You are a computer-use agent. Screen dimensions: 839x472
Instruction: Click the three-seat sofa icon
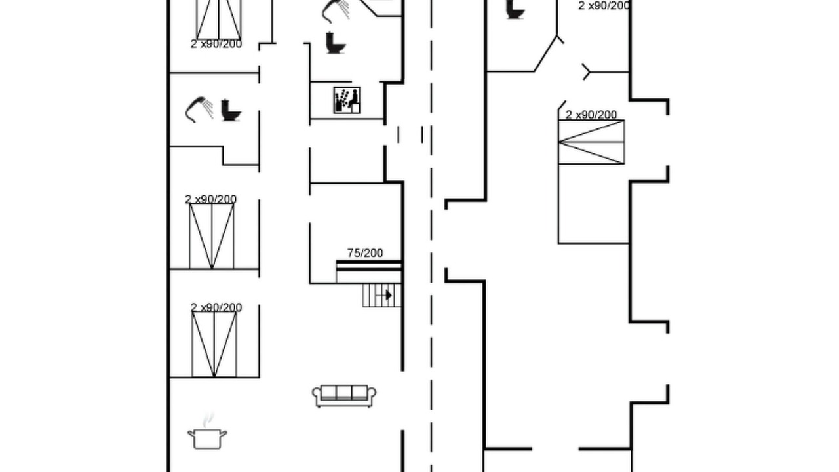pyautogui.click(x=344, y=396)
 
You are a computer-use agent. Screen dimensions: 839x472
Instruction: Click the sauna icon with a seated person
pyautogui.click(x=347, y=100)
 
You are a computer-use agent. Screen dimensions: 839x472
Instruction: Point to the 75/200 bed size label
pyautogui.click(x=365, y=253)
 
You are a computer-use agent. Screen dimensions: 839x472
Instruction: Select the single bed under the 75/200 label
pyautogui.click(x=369, y=271)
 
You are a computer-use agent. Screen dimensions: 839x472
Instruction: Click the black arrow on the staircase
pyautogui.click(x=389, y=295)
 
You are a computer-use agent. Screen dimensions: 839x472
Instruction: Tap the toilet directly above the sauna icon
pyautogui.click(x=335, y=43)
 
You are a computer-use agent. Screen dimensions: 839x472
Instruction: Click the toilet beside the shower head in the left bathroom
pyautogui.click(x=231, y=110)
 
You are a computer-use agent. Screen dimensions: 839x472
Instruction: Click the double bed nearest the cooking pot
pyautogui.click(x=214, y=344)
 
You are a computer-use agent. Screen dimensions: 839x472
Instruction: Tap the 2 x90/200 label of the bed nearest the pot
pyautogui.click(x=216, y=307)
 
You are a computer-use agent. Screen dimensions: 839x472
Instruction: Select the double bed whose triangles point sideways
pyautogui.click(x=591, y=142)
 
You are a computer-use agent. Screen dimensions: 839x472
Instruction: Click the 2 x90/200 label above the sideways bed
pyautogui.click(x=591, y=115)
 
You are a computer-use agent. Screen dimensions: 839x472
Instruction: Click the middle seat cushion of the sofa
pyautogui.click(x=344, y=392)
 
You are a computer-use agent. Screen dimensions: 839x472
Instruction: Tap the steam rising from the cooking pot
pyautogui.click(x=208, y=420)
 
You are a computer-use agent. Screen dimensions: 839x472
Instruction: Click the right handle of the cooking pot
pyautogui.click(x=224, y=434)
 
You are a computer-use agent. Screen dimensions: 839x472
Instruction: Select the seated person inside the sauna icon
pyautogui.click(x=353, y=99)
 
